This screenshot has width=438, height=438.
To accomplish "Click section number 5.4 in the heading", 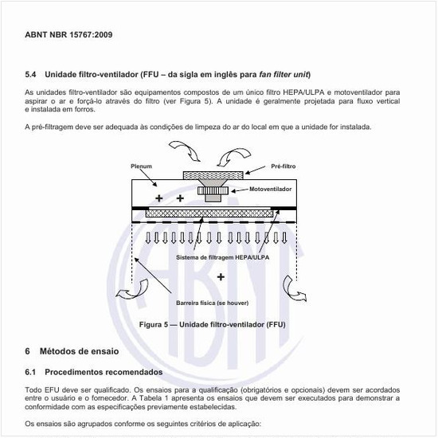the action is click(32, 74).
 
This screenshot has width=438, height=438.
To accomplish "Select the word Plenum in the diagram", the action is click(141, 166).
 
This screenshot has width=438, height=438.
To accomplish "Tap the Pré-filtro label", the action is click(284, 166).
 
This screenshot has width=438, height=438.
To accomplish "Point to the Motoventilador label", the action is click(270, 190).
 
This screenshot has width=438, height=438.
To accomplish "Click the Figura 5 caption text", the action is click(212, 325).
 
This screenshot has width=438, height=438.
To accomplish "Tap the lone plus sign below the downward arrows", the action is click(221, 277).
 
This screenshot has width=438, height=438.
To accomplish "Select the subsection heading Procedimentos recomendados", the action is click(104, 372).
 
